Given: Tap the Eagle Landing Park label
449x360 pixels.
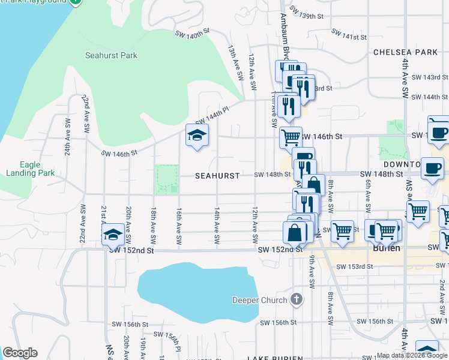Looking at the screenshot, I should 38,169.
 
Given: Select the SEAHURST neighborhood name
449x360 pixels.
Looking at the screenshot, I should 217,176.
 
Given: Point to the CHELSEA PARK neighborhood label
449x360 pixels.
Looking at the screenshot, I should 405,52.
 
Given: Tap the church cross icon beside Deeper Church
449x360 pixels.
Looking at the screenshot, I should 296,299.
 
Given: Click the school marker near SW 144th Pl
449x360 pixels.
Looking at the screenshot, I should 196,136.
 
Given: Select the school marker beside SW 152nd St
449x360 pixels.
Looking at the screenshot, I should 112,235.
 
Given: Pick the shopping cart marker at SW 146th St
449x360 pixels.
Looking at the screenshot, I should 291,137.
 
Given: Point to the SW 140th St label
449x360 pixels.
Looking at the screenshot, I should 192,32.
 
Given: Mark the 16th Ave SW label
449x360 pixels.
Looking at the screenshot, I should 179,226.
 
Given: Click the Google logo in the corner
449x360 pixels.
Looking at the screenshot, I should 20,353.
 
